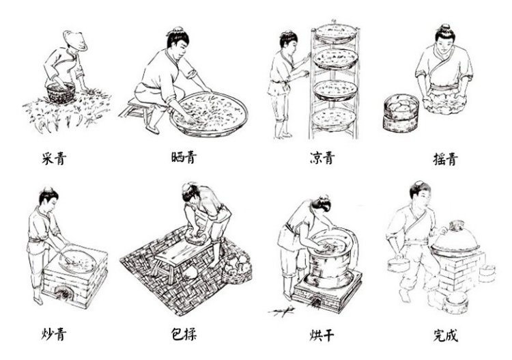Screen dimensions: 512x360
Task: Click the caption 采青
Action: click(x=54, y=158)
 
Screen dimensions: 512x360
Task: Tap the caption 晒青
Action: click(x=184, y=157)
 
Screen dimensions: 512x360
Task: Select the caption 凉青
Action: click(x=322, y=158)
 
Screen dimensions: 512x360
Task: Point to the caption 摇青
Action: click(x=445, y=158)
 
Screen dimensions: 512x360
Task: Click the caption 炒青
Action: click(x=54, y=333)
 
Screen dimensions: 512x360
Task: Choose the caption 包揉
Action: click(x=184, y=333)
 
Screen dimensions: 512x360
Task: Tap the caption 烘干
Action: click(x=322, y=335)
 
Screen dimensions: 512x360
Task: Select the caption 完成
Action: click(x=446, y=335)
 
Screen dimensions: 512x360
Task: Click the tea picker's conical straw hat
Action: click(x=75, y=40)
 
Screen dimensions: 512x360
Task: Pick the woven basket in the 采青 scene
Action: click(x=61, y=93)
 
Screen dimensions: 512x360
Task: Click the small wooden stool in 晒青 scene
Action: click(x=136, y=109)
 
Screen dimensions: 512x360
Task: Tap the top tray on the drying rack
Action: click(x=335, y=33)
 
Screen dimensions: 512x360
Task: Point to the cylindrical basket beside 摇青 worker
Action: click(x=401, y=113)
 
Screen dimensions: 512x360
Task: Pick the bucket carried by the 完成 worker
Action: click(x=398, y=264)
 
